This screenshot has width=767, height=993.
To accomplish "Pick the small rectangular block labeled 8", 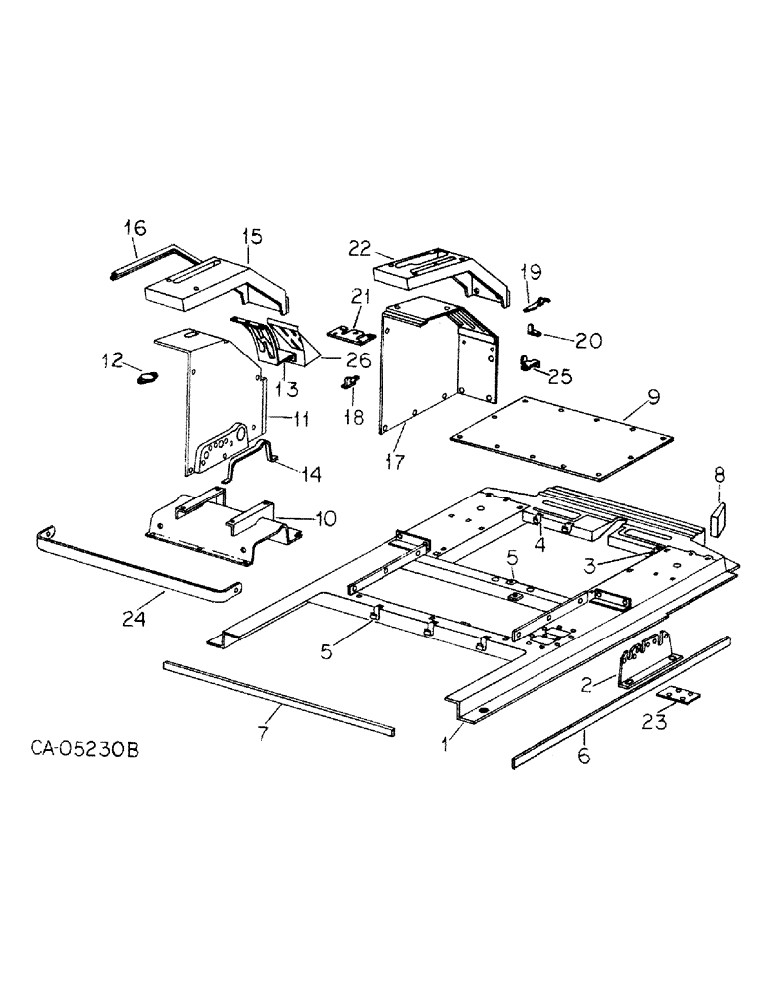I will click(719, 517).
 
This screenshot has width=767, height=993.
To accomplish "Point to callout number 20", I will click(587, 341).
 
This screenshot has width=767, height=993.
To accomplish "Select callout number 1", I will click(446, 739).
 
